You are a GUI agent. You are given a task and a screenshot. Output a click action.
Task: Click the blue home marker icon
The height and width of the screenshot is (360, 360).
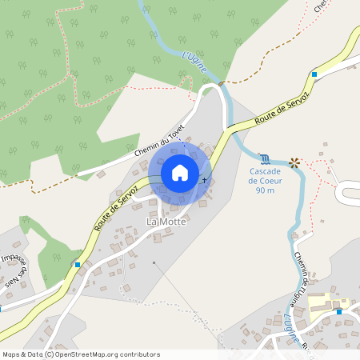tap(180, 173)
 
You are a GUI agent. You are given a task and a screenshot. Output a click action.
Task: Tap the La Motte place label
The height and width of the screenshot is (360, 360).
tap(166, 221)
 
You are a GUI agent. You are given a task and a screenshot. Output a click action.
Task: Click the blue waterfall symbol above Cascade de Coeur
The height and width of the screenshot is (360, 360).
tap(265, 158)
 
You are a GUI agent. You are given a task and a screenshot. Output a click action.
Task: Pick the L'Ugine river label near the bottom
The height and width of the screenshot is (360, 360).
tap(293, 330)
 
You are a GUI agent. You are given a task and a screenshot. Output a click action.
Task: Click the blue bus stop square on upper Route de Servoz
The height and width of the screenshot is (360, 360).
tap(314, 74)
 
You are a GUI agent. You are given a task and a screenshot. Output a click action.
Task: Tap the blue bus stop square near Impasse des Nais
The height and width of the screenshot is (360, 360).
tap(78, 264)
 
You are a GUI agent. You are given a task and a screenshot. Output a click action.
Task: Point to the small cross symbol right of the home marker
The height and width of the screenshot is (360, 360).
tap(205, 180)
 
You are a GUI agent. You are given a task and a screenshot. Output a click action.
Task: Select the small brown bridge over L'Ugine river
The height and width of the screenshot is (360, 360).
tap(222, 83)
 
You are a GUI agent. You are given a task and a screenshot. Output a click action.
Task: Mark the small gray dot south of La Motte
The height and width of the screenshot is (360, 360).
tap(155, 262)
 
